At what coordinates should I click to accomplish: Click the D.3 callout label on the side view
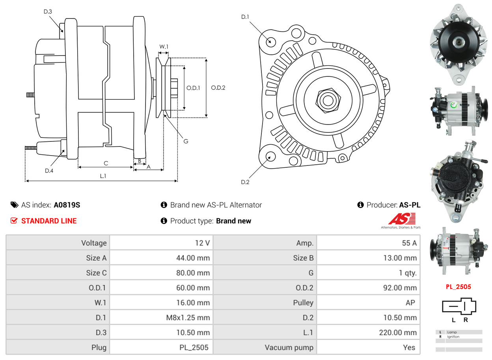pyautogui.click(x=47, y=11)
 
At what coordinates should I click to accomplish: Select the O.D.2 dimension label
pyautogui.click(x=218, y=88)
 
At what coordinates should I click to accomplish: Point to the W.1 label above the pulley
pyautogui.click(x=164, y=46)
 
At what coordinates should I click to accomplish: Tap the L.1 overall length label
pyautogui.click(x=102, y=176)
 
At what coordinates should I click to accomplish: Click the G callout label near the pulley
pyautogui.click(x=186, y=141)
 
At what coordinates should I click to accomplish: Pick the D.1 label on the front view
pyautogui.click(x=245, y=17)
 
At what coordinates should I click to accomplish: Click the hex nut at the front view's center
pyautogui.click(x=327, y=100)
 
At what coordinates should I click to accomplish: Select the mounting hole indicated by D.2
pyautogui.click(x=270, y=156)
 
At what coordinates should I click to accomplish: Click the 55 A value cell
pyautogui.click(x=409, y=243)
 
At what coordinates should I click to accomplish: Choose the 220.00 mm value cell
pyautogui.click(x=397, y=333)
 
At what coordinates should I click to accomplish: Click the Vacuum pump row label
pyautogui.click(x=289, y=347)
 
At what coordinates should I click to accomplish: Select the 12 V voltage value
pyautogui.click(x=202, y=243)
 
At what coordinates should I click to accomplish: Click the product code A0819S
pyautogui.click(x=67, y=205)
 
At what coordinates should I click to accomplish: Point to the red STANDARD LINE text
pyautogui.click(x=48, y=221)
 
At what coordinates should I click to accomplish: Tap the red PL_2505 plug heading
pyautogui.click(x=458, y=287)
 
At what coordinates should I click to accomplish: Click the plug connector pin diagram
pyautogui.click(x=459, y=306)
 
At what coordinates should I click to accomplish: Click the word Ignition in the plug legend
pyautogui.click(x=453, y=337)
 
